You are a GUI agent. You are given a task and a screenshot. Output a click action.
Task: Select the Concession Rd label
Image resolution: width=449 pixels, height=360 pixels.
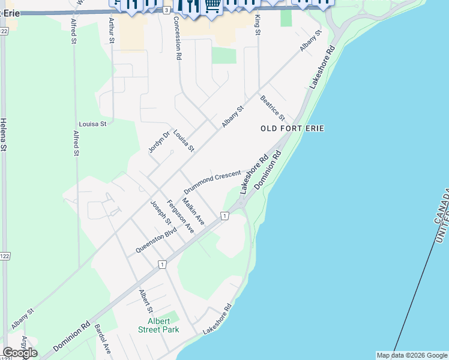coord(177,38)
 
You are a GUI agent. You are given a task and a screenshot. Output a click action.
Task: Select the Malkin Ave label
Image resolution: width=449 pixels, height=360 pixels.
coord(193,212)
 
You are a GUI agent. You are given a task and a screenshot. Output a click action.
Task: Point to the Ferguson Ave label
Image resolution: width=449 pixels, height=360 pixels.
coord(180,216)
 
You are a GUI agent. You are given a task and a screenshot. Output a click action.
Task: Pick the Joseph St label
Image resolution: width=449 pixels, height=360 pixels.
coord(161,213)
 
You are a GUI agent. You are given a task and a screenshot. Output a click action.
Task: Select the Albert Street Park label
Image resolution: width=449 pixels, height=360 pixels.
coord(158,325)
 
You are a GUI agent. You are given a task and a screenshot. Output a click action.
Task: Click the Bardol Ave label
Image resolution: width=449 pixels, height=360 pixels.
coord(103,339)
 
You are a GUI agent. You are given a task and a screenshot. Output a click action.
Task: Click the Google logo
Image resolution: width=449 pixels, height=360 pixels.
coord(20,353)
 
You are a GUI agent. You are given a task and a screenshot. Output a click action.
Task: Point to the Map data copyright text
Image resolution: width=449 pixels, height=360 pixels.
coord(411,355)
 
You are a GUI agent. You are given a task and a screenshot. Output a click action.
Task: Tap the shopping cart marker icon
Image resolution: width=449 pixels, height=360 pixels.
coord(212,5)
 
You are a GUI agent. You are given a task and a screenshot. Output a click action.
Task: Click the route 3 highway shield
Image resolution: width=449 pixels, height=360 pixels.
coord(166,10)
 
